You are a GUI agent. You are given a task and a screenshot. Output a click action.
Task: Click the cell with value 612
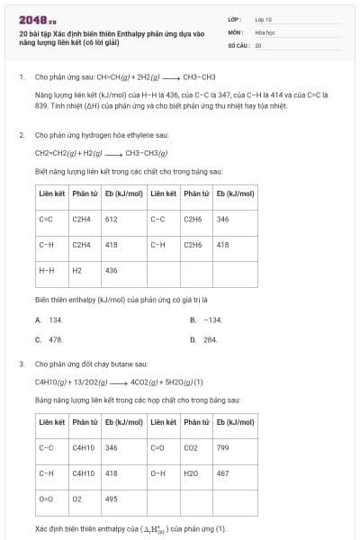[112, 219]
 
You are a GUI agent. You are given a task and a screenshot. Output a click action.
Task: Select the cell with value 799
[223, 446]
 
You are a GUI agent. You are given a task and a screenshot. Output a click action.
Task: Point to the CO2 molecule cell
[191, 446]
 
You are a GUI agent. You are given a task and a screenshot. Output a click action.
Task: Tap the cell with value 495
[112, 498]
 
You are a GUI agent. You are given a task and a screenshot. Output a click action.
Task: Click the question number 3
[21, 364]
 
